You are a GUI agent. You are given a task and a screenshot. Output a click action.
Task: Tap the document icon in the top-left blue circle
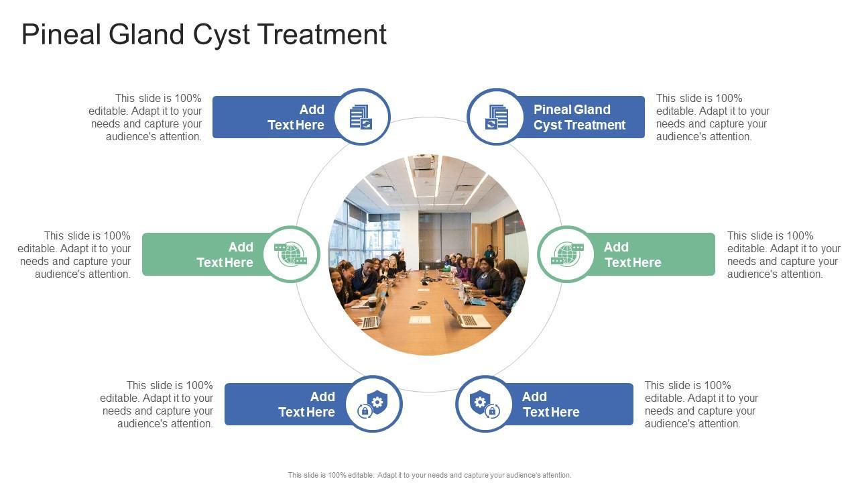click(x=361, y=117)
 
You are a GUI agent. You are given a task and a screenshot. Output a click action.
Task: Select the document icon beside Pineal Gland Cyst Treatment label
click(x=496, y=117)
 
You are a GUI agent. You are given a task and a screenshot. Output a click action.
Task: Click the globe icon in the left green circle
click(x=292, y=254)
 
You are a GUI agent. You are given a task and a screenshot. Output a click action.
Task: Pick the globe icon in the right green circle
click(x=566, y=254)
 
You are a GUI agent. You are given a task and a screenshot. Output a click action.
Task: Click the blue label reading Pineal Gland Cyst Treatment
click(x=579, y=117)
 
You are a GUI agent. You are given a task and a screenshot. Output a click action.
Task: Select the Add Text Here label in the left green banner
click(x=225, y=255)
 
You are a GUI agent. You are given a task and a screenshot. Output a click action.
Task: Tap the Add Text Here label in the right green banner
click(x=632, y=255)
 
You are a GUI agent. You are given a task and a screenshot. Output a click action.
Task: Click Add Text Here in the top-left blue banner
click(x=296, y=117)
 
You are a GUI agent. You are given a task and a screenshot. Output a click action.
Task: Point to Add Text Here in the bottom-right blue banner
click(x=550, y=405)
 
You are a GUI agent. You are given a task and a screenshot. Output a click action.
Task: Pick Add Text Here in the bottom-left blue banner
click(x=307, y=405)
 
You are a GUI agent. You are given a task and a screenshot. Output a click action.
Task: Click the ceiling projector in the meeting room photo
click(x=423, y=162)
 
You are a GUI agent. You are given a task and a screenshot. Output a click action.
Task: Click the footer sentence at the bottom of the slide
click(x=430, y=475)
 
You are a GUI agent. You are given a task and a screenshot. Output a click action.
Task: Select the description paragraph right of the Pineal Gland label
click(x=713, y=117)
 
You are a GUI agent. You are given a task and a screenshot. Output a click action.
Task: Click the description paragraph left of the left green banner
click(x=74, y=255)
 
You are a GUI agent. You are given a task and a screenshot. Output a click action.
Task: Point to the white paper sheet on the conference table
click(x=420, y=320)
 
